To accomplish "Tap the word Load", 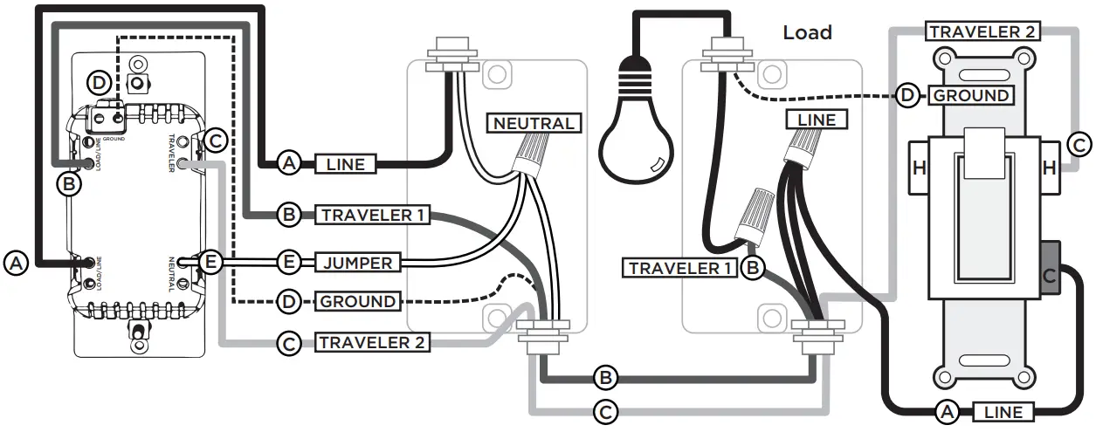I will click(807, 33).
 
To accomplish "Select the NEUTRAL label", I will click(534, 123).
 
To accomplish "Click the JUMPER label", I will click(359, 262).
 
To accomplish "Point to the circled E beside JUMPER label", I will click(289, 262).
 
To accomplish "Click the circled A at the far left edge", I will click(15, 261).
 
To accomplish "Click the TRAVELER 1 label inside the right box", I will click(679, 268).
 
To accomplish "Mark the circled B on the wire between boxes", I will click(604, 378).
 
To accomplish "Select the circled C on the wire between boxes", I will click(604, 409).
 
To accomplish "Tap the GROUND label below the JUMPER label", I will click(358, 301).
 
